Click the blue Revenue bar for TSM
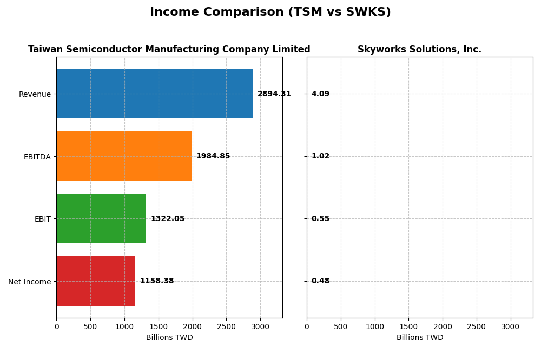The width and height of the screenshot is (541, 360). [155, 94]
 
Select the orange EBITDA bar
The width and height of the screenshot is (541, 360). [124, 156]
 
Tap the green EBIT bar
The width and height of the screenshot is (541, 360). [101, 218]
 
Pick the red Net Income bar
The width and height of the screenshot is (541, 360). [96, 281]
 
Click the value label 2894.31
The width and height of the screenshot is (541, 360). [274, 94]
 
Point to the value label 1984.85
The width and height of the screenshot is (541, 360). [213, 156]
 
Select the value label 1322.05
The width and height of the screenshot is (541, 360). [168, 219]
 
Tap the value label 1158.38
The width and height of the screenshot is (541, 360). [157, 281]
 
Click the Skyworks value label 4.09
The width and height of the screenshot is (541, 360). [320, 94]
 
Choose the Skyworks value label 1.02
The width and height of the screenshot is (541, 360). [320, 156]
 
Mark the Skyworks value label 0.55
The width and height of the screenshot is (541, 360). [320, 219]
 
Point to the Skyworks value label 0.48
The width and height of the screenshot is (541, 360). [320, 281]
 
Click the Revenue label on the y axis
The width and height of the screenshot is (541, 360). [35, 95]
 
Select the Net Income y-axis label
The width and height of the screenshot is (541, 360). [29, 282]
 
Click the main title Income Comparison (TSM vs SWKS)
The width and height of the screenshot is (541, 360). [270, 12]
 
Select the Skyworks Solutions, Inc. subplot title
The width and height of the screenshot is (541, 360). [419, 50]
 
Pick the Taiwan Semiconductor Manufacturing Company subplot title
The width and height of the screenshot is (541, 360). [169, 50]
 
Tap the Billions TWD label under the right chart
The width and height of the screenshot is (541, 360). [419, 338]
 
